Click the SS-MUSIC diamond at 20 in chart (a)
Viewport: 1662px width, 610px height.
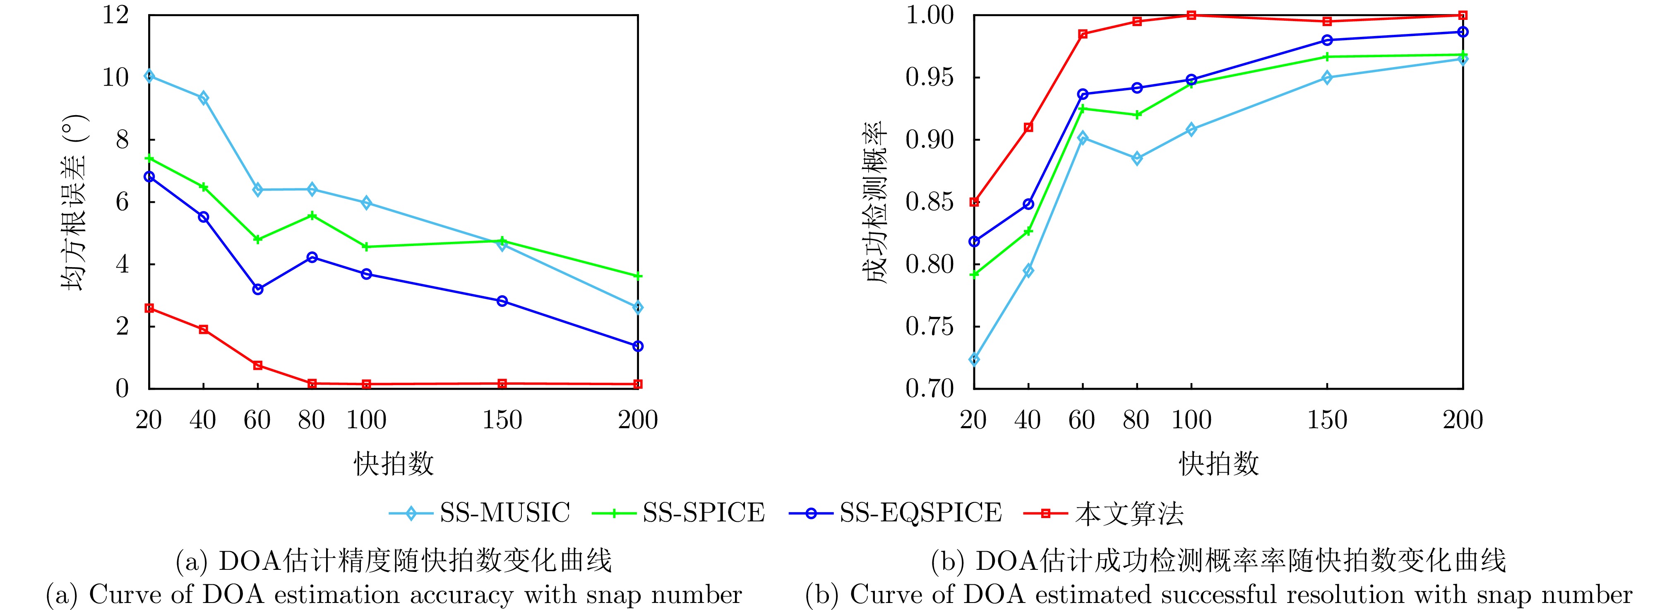point(149,76)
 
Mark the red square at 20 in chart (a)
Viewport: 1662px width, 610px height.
point(149,308)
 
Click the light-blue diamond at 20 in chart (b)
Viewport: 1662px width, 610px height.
point(974,359)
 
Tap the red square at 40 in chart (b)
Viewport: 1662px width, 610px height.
point(1028,127)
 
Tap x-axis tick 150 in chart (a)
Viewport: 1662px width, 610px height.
point(502,420)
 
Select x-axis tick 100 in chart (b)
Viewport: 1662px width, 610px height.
point(1191,420)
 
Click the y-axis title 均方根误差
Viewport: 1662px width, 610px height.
point(74,202)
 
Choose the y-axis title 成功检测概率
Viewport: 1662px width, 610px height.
point(876,202)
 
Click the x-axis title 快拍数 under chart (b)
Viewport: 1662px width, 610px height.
point(1219,463)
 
